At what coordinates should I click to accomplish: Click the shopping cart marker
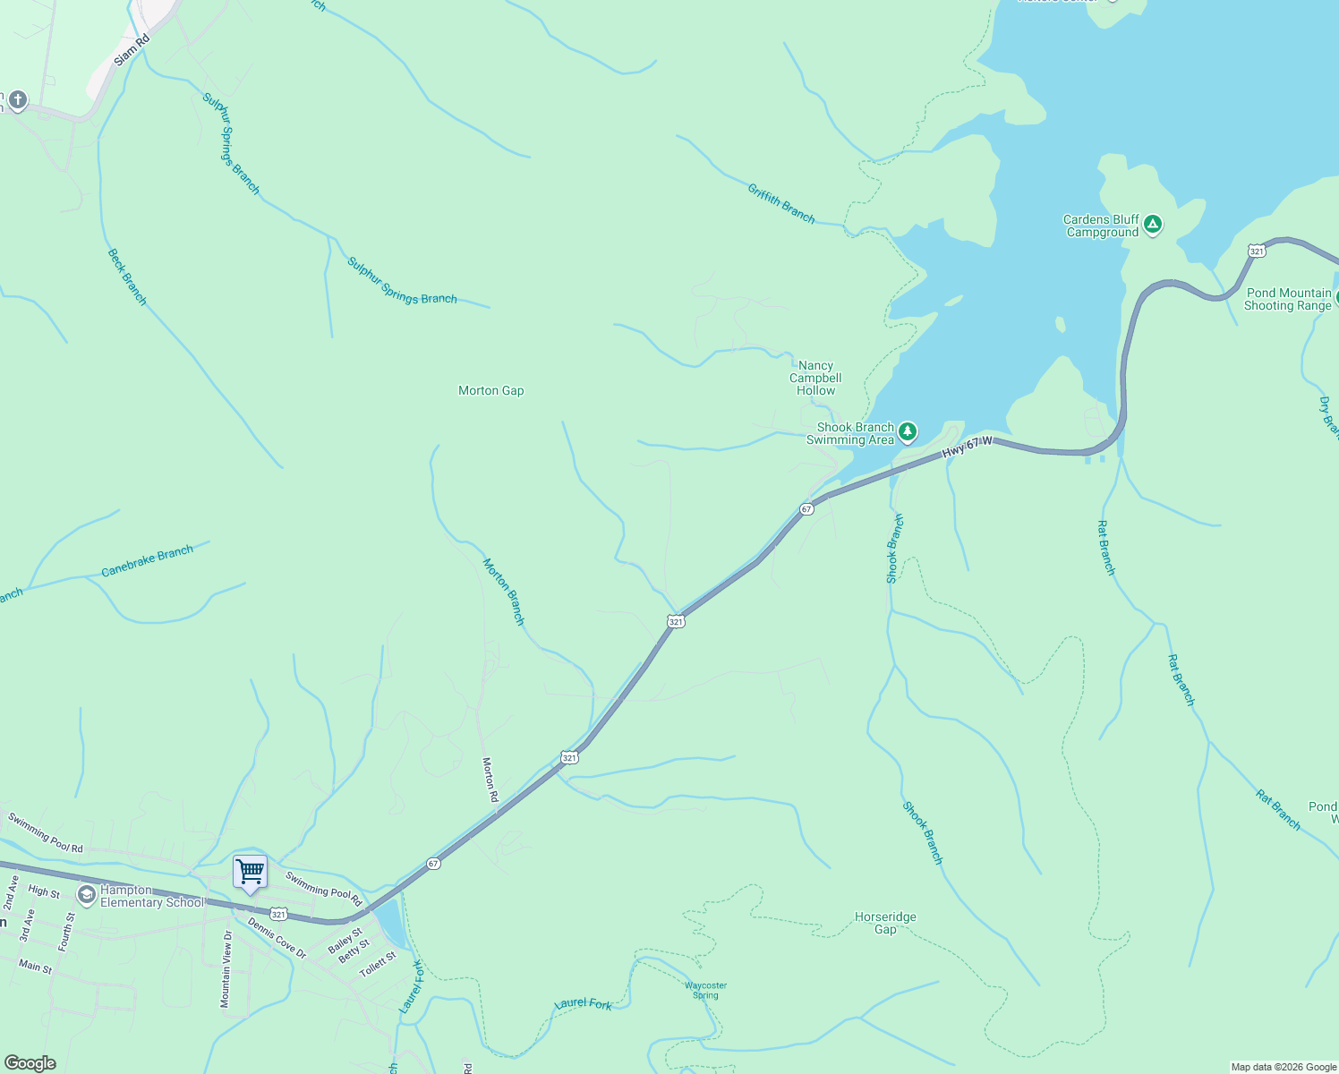[x=250, y=872]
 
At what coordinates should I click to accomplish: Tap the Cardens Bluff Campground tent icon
[x=1153, y=225]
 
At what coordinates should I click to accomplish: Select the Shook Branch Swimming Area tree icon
[x=908, y=433]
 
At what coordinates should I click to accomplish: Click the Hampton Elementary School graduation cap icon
[x=87, y=895]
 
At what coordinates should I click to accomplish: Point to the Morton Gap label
[x=490, y=390]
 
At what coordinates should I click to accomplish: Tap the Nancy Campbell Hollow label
[x=815, y=378]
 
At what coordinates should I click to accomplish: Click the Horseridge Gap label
[x=885, y=923]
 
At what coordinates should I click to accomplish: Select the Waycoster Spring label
[x=705, y=990]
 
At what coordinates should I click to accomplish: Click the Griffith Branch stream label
[x=781, y=203]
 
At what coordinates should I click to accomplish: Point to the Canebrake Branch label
[x=147, y=561]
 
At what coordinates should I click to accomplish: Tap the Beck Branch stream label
[x=127, y=277]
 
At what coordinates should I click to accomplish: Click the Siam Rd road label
[x=131, y=51]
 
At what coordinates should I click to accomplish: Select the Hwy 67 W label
[x=968, y=447]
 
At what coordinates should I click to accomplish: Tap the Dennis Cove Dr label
[x=277, y=938]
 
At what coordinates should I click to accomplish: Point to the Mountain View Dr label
[x=227, y=968]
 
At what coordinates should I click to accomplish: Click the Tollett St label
[x=378, y=965]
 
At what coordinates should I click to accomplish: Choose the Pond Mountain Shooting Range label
[x=1288, y=299]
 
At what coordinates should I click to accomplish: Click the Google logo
[x=30, y=1063]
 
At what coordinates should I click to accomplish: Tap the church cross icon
[x=17, y=99]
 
